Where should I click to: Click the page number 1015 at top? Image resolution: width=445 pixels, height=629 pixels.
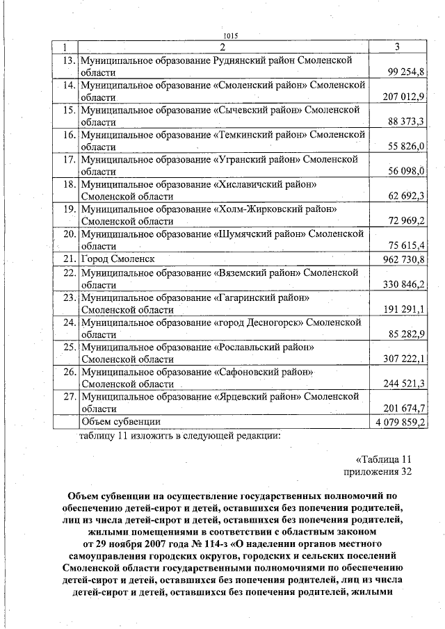pos(231,37)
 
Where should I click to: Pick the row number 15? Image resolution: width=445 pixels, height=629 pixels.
pos(69,110)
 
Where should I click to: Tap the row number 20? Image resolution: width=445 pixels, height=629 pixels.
pos(69,234)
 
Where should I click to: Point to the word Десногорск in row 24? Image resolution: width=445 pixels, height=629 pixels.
pos(274,322)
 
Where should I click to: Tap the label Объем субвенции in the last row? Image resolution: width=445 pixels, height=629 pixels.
pos(121,422)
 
